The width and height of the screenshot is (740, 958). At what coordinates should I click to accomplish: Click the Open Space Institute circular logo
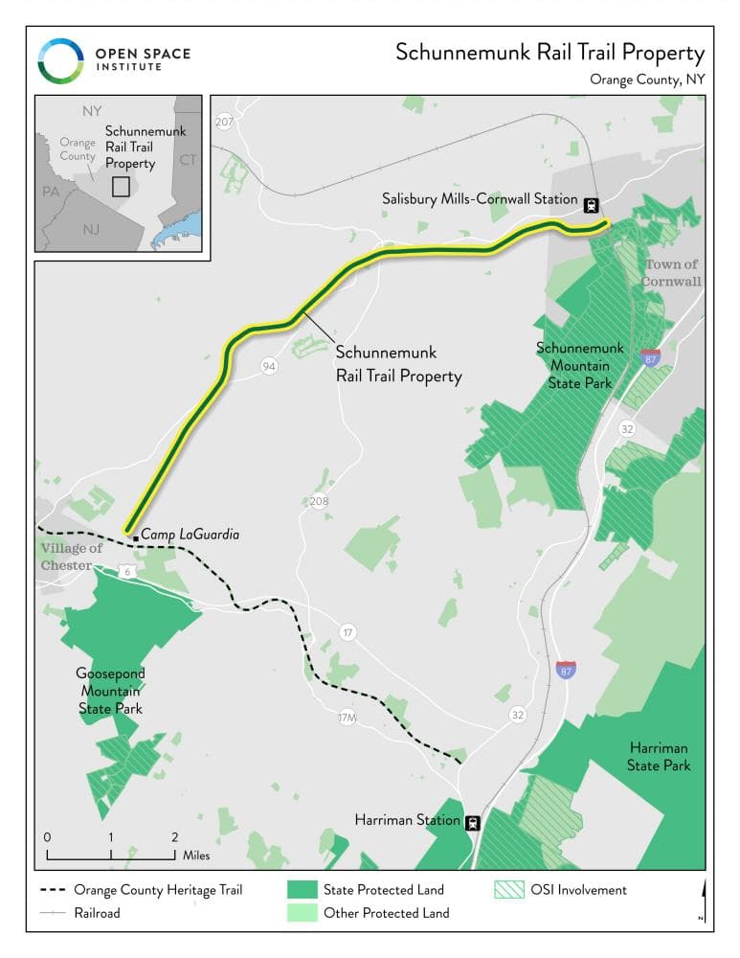61,60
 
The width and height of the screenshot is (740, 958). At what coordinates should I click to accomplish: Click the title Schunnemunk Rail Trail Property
549,53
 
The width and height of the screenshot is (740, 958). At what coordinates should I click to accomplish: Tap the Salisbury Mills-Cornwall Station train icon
593,203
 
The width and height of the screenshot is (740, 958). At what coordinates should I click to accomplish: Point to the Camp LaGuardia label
191,535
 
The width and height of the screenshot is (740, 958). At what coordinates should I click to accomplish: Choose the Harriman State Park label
659,756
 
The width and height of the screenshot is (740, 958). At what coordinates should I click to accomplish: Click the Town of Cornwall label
671,273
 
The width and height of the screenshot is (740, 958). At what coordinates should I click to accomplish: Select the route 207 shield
225,123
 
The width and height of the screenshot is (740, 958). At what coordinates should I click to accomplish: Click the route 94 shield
269,366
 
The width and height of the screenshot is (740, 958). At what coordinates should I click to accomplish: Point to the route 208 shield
319,501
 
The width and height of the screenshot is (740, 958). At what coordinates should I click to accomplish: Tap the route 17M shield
348,718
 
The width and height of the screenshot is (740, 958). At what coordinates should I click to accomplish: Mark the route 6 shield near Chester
128,572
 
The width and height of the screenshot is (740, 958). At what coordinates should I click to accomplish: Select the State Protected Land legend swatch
301,890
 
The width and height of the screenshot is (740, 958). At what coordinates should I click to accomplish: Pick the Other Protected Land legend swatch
301,913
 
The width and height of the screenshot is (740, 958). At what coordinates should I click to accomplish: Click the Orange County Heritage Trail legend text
158,890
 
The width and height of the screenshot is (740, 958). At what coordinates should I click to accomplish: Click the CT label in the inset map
188,159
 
